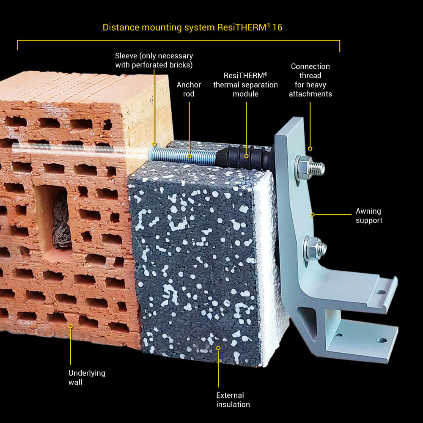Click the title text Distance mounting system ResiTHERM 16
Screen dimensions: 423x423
click(x=192, y=28)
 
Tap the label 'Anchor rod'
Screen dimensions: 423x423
click(x=189, y=89)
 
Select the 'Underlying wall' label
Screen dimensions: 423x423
click(x=87, y=377)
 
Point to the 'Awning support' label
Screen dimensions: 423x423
click(x=368, y=216)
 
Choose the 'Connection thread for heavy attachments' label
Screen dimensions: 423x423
click(x=310, y=80)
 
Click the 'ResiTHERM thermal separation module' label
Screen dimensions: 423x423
click(x=245, y=84)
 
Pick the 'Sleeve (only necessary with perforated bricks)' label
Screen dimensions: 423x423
click(x=154, y=60)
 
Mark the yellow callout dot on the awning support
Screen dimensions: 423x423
click(x=313, y=214)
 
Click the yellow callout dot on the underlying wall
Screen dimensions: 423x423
click(x=71, y=326)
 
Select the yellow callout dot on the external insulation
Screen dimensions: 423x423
click(x=219, y=348)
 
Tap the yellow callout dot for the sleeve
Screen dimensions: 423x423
click(x=154, y=144)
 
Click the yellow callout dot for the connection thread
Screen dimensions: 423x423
click(x=310, y=148)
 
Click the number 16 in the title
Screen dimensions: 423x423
click(x=277, y=28)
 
